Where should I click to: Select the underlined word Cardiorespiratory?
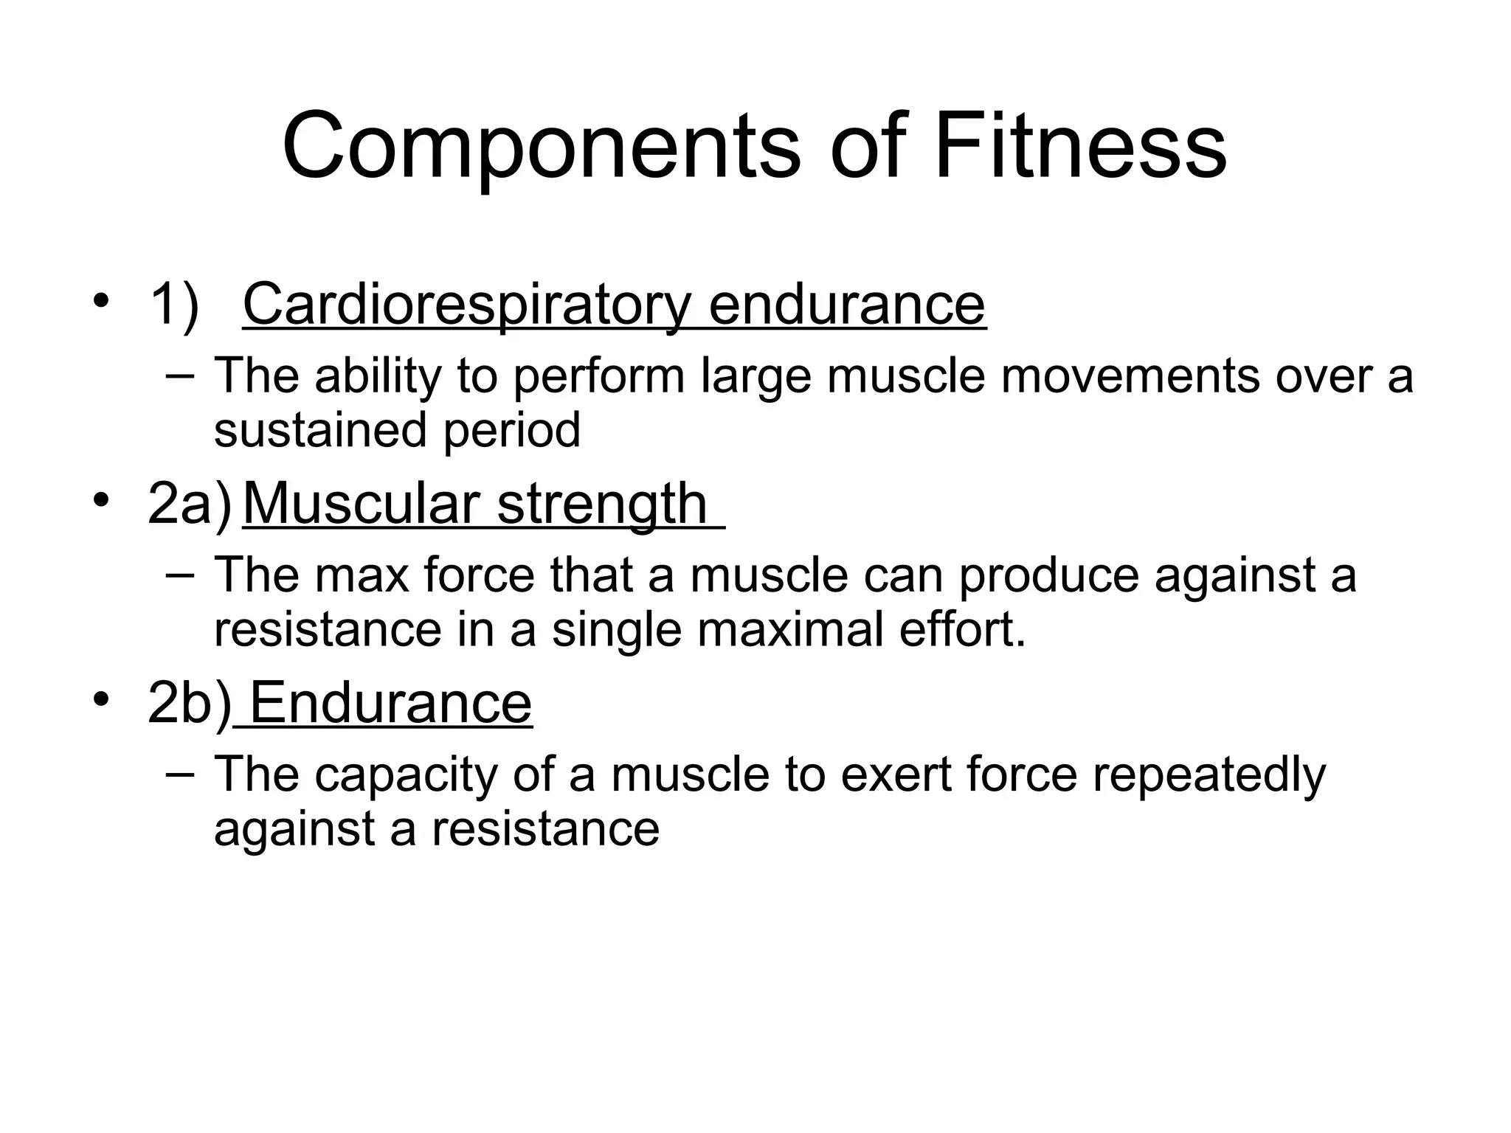tap(466, 305)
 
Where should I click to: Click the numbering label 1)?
tap(174, 305)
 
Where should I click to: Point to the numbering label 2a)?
tap(190, 504)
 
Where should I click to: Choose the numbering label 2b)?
tap(190, 703)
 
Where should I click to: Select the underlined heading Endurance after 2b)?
tap(391, 703)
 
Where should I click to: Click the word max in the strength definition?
tap(362, 575)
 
